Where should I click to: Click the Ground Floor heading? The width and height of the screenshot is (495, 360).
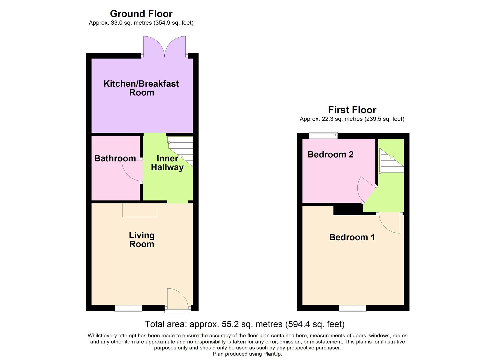pos(141,14)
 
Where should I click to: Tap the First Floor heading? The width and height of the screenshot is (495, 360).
pos(352,110)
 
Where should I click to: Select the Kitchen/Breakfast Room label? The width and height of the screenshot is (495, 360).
pos(141,88)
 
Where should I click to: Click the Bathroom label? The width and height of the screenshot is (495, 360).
pos(115,158)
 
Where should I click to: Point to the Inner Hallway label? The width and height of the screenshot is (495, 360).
pos(167,163)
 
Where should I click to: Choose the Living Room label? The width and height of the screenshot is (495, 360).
pos(142,240)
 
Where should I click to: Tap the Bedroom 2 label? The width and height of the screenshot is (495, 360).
pos(330,154)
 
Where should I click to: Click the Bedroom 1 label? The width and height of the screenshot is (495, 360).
pos(352,237)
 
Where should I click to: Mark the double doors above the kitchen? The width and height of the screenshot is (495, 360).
pos(164,47)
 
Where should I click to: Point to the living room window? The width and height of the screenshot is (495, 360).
pos(128,308)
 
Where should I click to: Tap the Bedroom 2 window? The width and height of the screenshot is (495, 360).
pos(323,135)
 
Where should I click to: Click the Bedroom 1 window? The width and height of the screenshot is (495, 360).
pos(352,308)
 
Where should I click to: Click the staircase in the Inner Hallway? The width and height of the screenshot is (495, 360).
pos(181,149)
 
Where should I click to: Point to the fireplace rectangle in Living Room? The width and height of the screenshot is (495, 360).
pos(140,210)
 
